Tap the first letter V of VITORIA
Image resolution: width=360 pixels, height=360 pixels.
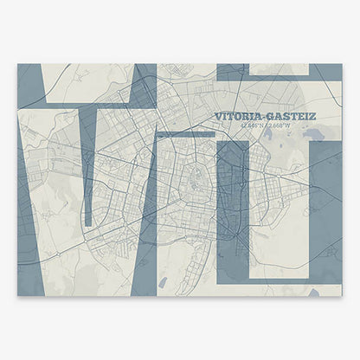[218, 116]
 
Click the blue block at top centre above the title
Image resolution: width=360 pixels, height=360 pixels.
[239, 72]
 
